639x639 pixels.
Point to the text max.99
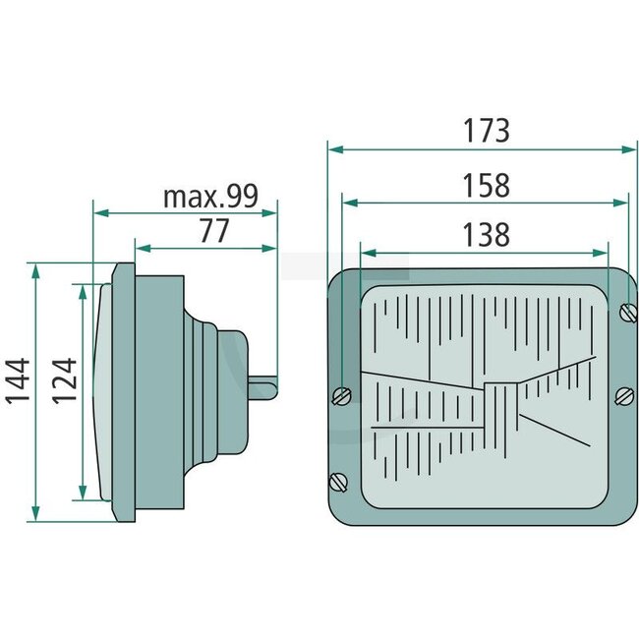[209, 197]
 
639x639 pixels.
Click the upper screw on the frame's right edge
[629, 314]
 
